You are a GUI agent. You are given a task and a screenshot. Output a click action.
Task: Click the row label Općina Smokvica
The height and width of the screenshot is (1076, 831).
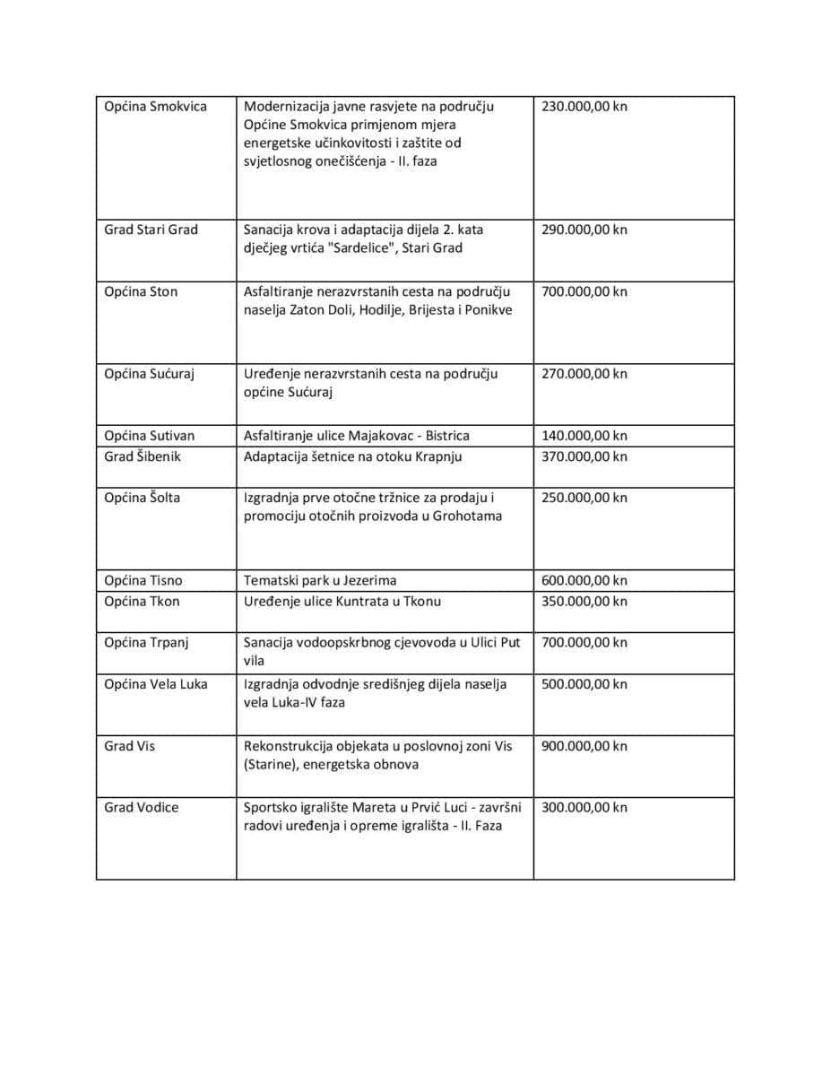155,107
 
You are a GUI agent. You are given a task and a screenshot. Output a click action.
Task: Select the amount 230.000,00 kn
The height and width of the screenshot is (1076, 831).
584,107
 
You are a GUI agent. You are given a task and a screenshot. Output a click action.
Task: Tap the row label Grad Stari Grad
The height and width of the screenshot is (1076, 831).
151,230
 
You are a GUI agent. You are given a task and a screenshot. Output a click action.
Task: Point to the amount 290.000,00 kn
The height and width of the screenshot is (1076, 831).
584,230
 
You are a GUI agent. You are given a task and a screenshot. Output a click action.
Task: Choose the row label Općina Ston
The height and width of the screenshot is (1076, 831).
141,291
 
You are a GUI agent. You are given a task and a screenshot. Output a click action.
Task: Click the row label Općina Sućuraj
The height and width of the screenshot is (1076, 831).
149,374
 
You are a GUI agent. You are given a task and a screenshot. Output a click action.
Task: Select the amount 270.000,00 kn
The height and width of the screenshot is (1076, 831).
584,374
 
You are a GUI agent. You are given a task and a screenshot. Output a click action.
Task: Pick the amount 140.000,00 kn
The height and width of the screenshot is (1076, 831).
584,436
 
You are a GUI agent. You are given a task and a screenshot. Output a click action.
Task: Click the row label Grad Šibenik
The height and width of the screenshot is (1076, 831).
142,456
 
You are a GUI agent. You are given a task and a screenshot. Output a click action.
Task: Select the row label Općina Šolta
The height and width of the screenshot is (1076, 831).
142,498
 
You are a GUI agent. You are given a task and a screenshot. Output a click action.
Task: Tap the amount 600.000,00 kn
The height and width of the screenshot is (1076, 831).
584,580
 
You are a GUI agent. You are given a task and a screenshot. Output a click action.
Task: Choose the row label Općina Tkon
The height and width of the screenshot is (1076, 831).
142,601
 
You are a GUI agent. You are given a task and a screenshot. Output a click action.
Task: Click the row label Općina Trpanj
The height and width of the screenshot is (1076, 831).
146,642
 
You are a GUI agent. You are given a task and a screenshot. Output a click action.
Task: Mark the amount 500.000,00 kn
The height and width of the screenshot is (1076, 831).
584,684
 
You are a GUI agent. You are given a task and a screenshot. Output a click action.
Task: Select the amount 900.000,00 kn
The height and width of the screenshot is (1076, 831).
584,746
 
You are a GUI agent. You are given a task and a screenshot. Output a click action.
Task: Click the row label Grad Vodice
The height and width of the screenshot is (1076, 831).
141,807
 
